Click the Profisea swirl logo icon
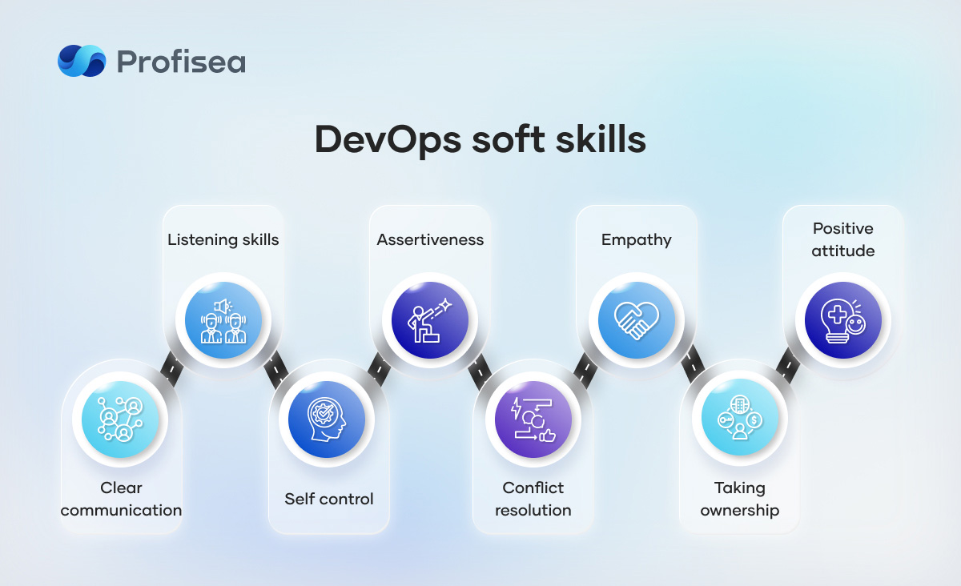point(82,61)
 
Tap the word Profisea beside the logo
point(181,62)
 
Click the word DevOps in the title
point(388,140)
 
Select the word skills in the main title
point(601,139)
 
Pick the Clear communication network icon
point(120,419)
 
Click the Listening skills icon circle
point(223,320)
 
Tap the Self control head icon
point(327,419)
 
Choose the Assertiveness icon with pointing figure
point(430,320)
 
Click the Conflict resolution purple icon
point(533,419)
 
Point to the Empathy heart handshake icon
point(637,320)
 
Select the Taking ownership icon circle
point(740,417)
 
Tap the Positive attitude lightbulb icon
point(843,320)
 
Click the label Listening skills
point(223,240)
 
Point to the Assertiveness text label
point(430,240)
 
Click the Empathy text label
point(637,240)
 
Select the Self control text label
point(329,499)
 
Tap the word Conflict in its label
point(533,488)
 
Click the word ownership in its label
point(740,511)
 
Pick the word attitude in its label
point(843,251)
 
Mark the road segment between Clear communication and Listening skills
point(172,368)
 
